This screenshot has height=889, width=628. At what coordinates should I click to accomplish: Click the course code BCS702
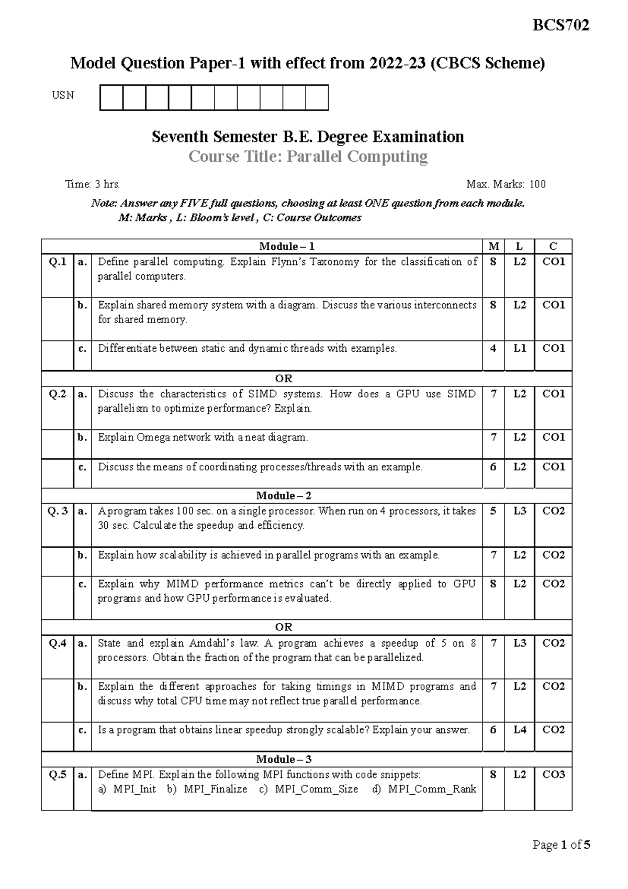[561, 25]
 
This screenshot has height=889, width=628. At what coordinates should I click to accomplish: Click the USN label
[63, 95]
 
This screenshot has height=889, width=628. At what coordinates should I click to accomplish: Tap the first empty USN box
[111, 98]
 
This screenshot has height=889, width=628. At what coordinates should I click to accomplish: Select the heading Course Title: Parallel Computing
[308, 157]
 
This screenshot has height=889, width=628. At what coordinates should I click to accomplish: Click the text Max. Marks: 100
[506, 184]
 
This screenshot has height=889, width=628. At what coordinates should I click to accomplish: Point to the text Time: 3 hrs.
[93, 184]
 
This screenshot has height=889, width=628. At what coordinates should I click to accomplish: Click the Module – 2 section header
[284, 495]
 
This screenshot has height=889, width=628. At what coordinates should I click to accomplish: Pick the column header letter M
[493, 247]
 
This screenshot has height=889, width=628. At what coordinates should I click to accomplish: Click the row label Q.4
[58, 643]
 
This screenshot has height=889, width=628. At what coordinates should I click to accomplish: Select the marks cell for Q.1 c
[493, 348]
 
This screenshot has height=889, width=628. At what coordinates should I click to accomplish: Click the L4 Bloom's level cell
[520, 729]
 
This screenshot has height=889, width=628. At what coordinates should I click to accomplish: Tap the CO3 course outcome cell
[554, 774]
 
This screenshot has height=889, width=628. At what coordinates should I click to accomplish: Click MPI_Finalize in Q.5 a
[215, 789]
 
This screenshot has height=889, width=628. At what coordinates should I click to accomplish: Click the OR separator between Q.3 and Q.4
[284, 627]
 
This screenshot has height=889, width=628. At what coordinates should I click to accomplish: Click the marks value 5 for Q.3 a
[493, 511]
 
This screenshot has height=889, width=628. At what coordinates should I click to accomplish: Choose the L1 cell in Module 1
[520, 348]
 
